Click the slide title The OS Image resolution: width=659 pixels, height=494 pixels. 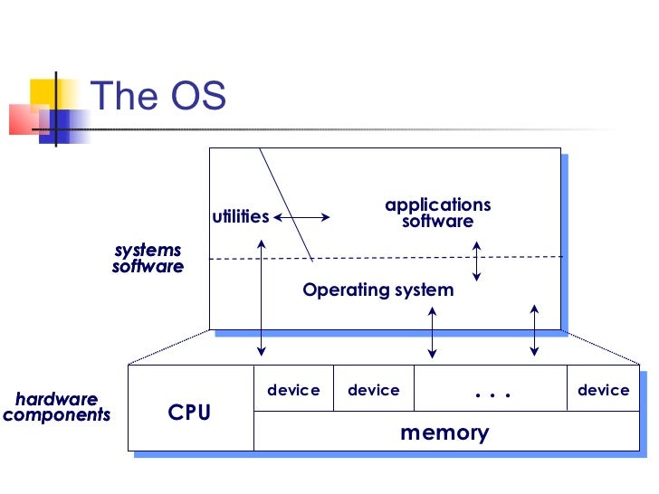(x=158, y=96)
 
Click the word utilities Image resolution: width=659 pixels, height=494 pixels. (x=240, y=216)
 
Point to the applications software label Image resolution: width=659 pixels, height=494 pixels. (x=437, y=214)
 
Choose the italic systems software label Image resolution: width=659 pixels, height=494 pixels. (x=148, y=258)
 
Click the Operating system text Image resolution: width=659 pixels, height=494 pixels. (x=377, y=290)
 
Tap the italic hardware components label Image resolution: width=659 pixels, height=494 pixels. (x=56, y=407)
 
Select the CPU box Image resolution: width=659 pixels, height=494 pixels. (x=190, y=413)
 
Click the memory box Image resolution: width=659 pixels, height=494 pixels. (x=444, y=432)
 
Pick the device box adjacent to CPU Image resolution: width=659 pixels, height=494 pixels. (x=293, y=390)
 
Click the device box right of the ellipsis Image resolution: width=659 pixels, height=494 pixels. (x=603, y=390)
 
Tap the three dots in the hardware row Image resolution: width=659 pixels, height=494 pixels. (x=492, y=393)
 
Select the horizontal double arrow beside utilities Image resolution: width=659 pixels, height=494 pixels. (x=302, y=217)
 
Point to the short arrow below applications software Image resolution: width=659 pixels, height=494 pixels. (x=476, y=261)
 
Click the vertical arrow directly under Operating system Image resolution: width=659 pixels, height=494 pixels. (x=432, y=332)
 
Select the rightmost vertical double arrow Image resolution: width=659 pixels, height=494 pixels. (x=535, y=330)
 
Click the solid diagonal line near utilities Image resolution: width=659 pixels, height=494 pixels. (x=286, y=204)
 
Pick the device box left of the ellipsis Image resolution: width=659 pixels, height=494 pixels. (x=373, y=390)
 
